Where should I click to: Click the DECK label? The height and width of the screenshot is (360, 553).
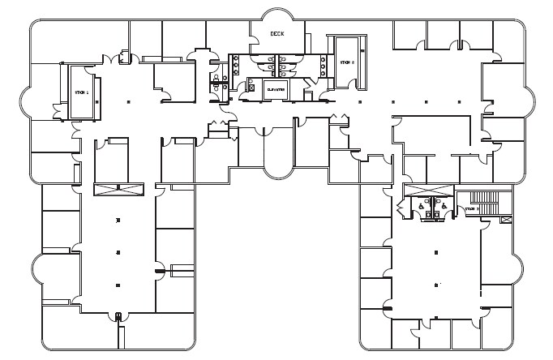pyautogui.click(x=278, y=33)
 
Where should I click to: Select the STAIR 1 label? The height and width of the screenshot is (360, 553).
pyautogui.click(x=80, y=92)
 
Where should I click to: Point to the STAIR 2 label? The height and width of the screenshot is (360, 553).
pyautogui.click(x=347, y=62)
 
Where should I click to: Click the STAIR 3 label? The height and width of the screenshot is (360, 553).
pyautogui.click(x=472, y=209)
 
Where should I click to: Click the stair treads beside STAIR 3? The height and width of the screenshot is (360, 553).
pyautogui.click(x=484, y=197)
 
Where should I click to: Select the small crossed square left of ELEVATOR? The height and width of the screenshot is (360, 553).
pyautogui.click(x=251, y=88)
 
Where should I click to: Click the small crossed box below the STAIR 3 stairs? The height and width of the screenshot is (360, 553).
pyautogui.click(x=507, y=220)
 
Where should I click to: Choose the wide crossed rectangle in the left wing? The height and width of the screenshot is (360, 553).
pyautogui.click(x=118, y=190)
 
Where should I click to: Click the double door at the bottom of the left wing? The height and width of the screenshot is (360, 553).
pyautogui.click(x=118, y=315)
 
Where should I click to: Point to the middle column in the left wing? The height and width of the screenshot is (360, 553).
pyautogui.click(x=118, y=252)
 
